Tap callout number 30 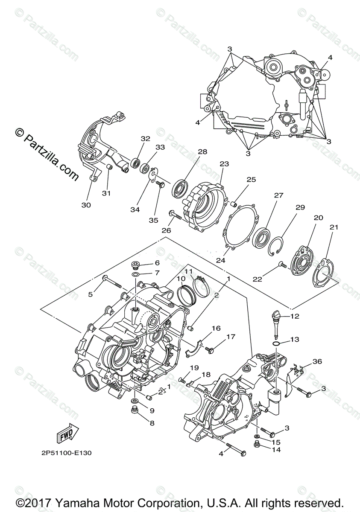coord(86,205)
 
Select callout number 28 coord(202,152)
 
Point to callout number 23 coord(225,164)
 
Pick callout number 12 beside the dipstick coord(307,317)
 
